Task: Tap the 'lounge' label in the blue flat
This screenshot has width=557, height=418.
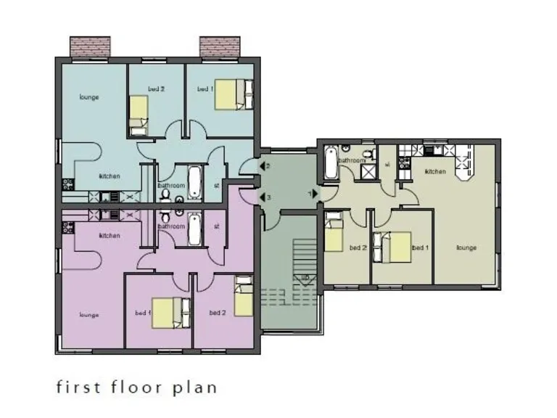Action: (x=89, y=97)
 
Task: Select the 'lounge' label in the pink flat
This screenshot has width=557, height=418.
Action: (x=89, y=315)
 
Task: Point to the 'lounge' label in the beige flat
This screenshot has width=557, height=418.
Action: (x=466, y=247)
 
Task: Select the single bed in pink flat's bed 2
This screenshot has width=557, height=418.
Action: (x=244, y=298)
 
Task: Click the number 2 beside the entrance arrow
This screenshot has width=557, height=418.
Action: (x=268, y=167)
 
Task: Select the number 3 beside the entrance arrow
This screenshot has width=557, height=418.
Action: (x=268, y=197)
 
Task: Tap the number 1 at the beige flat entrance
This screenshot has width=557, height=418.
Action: (x=309, y=194)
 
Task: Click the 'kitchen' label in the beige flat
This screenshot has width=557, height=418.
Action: (x=435, y=171)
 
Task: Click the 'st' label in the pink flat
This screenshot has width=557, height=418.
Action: (x=217, y=226)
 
